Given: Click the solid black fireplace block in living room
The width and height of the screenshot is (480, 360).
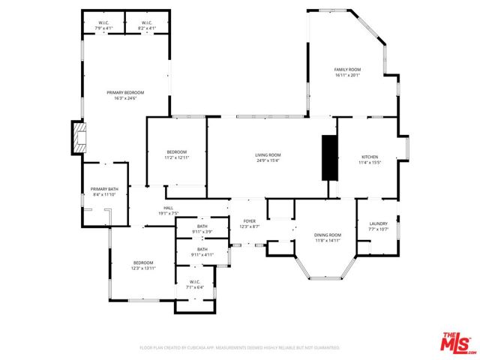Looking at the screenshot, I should point(328,157).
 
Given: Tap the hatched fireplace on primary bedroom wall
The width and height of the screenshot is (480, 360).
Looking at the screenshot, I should point(80,137).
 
